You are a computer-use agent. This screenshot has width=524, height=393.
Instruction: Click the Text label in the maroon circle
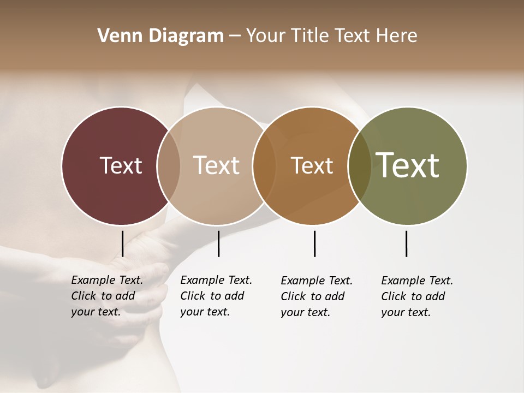(x=121, y=165)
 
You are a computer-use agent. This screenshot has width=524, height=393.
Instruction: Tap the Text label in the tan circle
(x=217, y=165)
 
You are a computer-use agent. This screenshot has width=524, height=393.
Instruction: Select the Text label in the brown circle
(x=312, y=165)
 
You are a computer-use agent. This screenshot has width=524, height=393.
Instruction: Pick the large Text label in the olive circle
(x=408, y=165)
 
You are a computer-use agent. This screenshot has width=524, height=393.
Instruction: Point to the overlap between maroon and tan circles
(x=169, y=165)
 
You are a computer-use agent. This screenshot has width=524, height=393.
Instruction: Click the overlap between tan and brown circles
(x=264, y=165)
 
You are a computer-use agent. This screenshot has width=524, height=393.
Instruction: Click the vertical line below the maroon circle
(x=122, y=243)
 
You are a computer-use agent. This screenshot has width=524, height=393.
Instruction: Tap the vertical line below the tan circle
(x=218, y=243)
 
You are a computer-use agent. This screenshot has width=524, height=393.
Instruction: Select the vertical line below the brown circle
(x=314, y=243)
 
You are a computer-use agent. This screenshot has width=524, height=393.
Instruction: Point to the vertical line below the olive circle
(x=406, y=243)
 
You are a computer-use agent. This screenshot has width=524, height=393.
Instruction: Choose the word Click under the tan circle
(x=193, y=296)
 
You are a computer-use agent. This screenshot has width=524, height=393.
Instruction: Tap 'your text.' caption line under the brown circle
(x=305, y=312)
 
